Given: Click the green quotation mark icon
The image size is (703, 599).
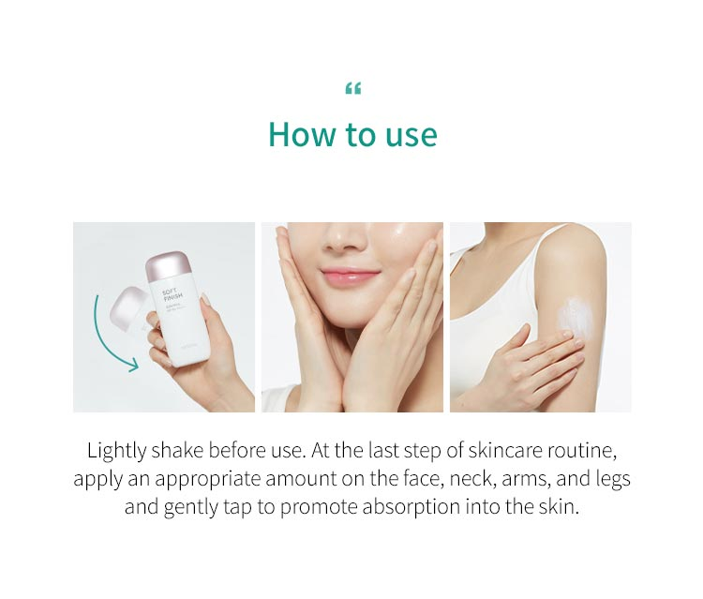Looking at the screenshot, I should (x=352, y=89).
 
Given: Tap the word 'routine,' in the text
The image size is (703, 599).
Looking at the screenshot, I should (x=585, y=450).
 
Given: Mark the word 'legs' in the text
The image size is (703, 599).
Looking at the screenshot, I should (x=611, y=479).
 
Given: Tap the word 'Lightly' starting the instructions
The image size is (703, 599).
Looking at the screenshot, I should (x=116, y=450).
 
